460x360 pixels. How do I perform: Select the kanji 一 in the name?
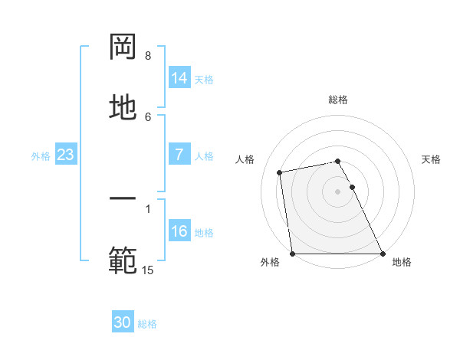pos(123,200)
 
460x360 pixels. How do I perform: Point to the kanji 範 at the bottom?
pos(123,260)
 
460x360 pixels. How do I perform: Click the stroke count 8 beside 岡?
pos(148,56)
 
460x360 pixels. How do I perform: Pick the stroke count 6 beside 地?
pos(148,116)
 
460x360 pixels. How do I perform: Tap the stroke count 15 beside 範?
pos(148,270)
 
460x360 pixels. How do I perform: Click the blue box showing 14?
pos(179,78)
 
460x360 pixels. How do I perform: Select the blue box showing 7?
pos(179,155)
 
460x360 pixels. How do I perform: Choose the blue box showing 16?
pos(179,231)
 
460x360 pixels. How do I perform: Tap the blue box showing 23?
pos(66,155)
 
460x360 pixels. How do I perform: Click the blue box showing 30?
pos(123,322)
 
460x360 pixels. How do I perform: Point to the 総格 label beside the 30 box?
pos(147,324)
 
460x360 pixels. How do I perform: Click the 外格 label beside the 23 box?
pos(41,156)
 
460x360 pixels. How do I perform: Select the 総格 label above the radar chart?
pos(338,100)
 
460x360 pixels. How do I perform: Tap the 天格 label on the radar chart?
pos(432,159)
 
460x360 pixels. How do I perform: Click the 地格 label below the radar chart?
pos(402,262)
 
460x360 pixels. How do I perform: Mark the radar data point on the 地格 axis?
pos(383,254)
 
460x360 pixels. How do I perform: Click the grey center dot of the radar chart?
pos(338,191)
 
